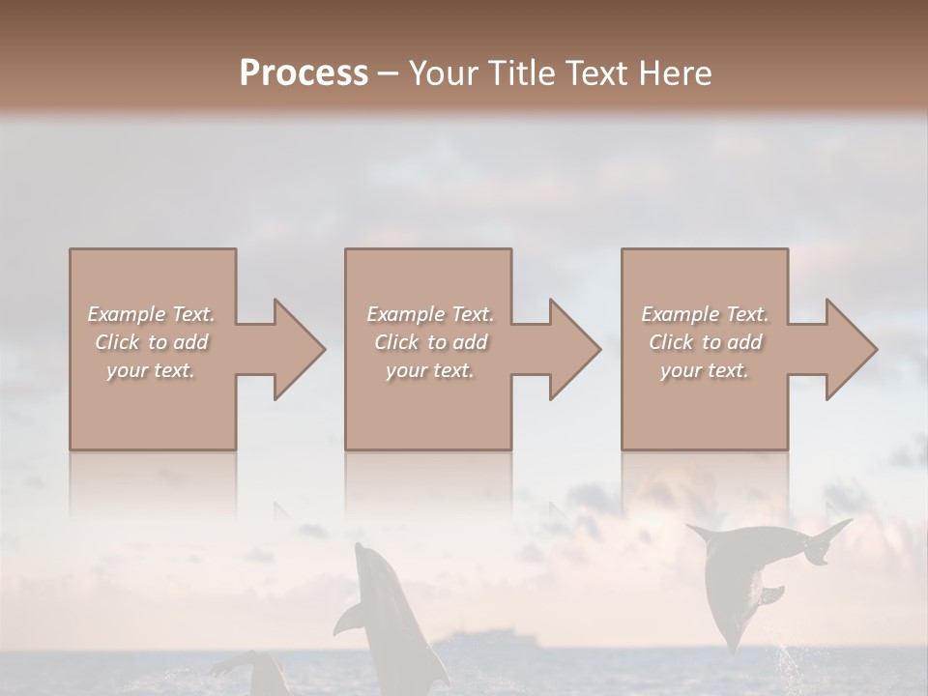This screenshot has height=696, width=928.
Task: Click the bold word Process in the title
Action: (x=304, y=73)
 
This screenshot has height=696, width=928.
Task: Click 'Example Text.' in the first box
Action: (x=151, y=314)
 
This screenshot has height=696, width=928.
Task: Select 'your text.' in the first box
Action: (x=151, y=370)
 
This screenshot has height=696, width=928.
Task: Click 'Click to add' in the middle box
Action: (x=430, y=342)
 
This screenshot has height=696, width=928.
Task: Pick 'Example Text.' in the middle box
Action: (x=430, y=314)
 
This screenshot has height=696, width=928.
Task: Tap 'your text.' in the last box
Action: (x=705, y=370)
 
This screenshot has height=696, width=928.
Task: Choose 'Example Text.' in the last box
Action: (x=705, y=314)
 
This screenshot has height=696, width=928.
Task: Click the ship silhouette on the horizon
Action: (x=483, y=644)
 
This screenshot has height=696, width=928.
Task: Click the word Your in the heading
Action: (x=443, y=73)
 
